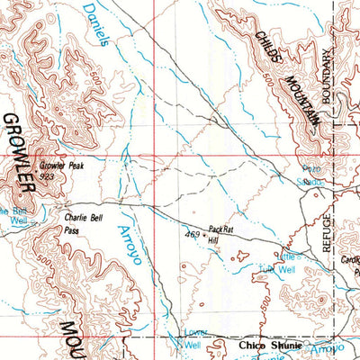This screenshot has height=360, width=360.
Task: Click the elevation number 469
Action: (191, 235)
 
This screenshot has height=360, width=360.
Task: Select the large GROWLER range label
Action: (17, 153)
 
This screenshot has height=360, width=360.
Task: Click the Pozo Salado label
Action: (310, 175)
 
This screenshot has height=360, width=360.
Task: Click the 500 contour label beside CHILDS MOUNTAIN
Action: (269, 83)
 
